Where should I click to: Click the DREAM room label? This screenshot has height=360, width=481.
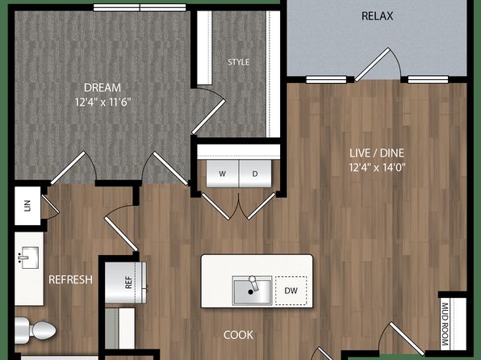pyautogui.click(x=102, y=88)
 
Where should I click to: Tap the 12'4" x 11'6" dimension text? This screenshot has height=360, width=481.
pyautogui.click(x=103, y=102)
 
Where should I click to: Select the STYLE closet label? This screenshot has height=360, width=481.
pyautogui.click(x=238, y=62)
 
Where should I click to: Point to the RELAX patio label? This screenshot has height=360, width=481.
pyautogui.click(x=378, y=16)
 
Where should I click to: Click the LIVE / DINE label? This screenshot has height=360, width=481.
pyautogui.click(x=377, y=153)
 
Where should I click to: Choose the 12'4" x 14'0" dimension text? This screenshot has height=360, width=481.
pyautogui.click(x=378, y=167)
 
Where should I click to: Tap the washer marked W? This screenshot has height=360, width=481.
pyautogui.click(x=223, y=174)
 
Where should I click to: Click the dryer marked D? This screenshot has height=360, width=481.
pyautogui.click(x=255, y=174)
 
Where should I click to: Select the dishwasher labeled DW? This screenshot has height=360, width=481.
pyautogui.click(x=291, y=291)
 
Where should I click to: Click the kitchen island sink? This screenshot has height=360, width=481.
pyautogui.click(x=252, y=291)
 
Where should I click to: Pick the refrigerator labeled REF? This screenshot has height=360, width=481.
pyautogui.click(x=126, y=283)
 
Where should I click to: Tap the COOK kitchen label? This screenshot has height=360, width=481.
pyautogui.click(x=238, y=335)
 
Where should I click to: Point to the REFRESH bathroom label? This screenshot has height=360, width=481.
pyautogui.click(x=70, y=279)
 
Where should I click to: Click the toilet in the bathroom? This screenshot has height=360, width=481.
pyautogui.click(x=36, y=330)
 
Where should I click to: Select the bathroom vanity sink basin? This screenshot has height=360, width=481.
pyautogui.click(x=28, y=257)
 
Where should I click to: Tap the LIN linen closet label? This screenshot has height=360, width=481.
pyautogui.click(x=27, y=206)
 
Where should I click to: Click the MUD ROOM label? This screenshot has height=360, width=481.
pyautogui.click(x=445, y=324)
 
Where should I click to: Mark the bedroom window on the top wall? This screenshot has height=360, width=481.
pyautogui.click(x=140, y=7)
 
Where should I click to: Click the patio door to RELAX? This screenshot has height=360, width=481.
pyautogui.click(x=372, y=65)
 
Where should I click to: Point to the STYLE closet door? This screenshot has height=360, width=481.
pyautogui.click(x=208, y=117)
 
